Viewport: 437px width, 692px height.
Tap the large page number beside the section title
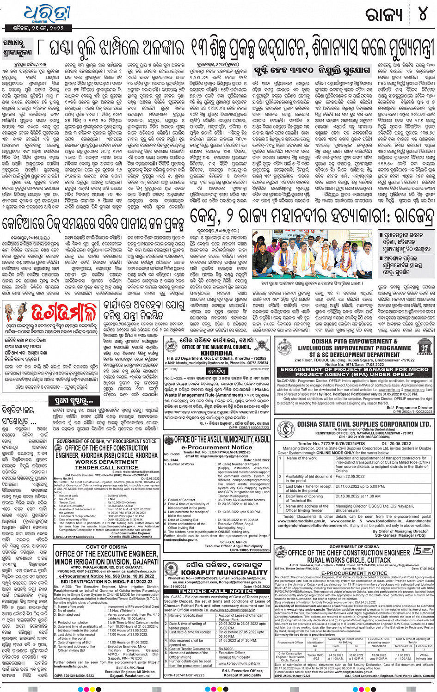click(423, 14)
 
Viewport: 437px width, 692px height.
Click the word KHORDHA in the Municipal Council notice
click(216, 353)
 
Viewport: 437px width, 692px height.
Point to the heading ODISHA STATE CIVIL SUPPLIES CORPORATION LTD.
click(363, 424)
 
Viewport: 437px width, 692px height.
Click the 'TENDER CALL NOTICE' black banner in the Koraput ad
click(217, 591)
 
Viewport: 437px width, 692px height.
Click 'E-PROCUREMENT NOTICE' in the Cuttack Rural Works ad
click(354, 573)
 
